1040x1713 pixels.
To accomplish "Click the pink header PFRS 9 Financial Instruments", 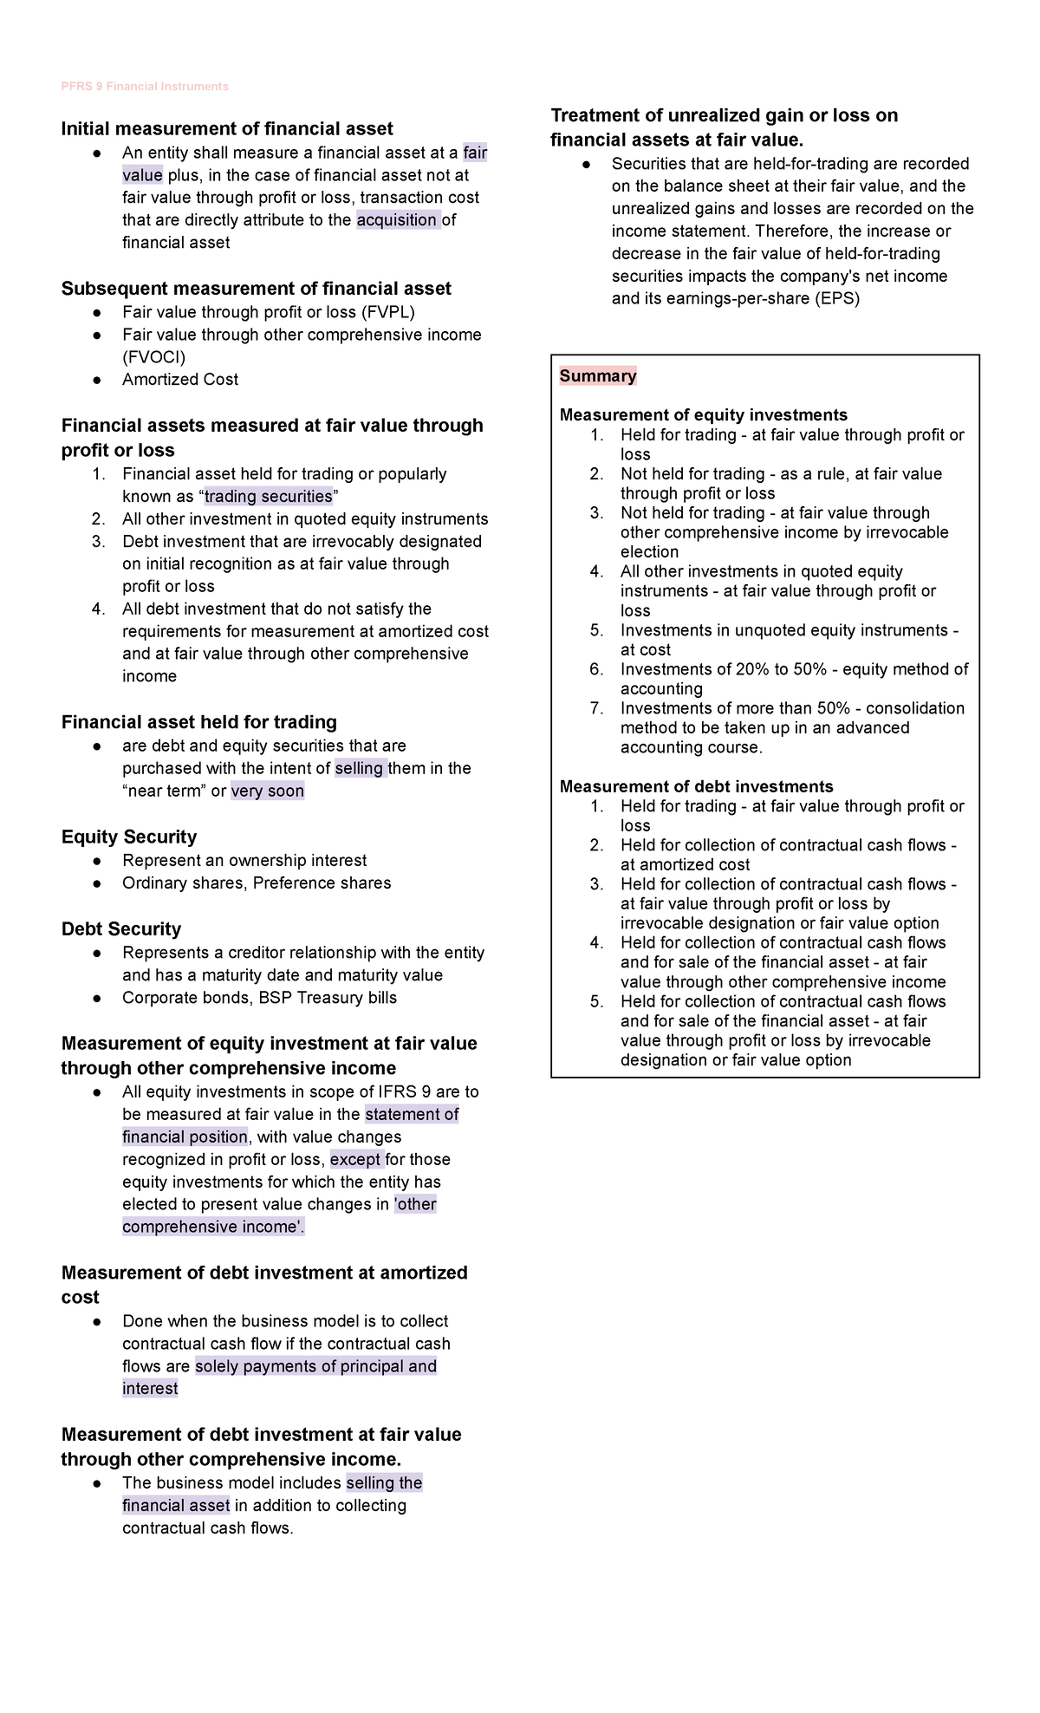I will point(145,87).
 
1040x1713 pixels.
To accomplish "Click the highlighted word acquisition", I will point(397,220).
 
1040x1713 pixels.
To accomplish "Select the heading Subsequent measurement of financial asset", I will point(256,289).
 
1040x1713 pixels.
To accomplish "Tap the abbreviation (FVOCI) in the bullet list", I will point(153,357).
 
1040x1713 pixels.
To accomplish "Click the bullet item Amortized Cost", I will point(179,380).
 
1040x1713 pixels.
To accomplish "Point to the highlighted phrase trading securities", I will point(268,497).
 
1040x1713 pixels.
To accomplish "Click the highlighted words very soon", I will point(267,791).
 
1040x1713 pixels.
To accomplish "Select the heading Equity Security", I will point(128,837).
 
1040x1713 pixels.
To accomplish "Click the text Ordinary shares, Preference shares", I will point(256,883).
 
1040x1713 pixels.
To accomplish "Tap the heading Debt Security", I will point(120,929).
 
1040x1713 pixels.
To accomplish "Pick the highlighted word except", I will point(355,1160).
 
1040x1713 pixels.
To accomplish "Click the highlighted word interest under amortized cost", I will point(150,1389).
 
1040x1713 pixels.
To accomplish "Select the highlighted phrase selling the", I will point(383,1483).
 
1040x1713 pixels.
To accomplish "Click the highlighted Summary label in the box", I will point(597,376).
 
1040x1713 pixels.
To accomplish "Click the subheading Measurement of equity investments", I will point(703,415).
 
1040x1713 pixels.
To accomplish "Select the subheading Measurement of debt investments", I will point(696,787).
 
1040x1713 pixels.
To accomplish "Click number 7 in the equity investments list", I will point(596,708).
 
